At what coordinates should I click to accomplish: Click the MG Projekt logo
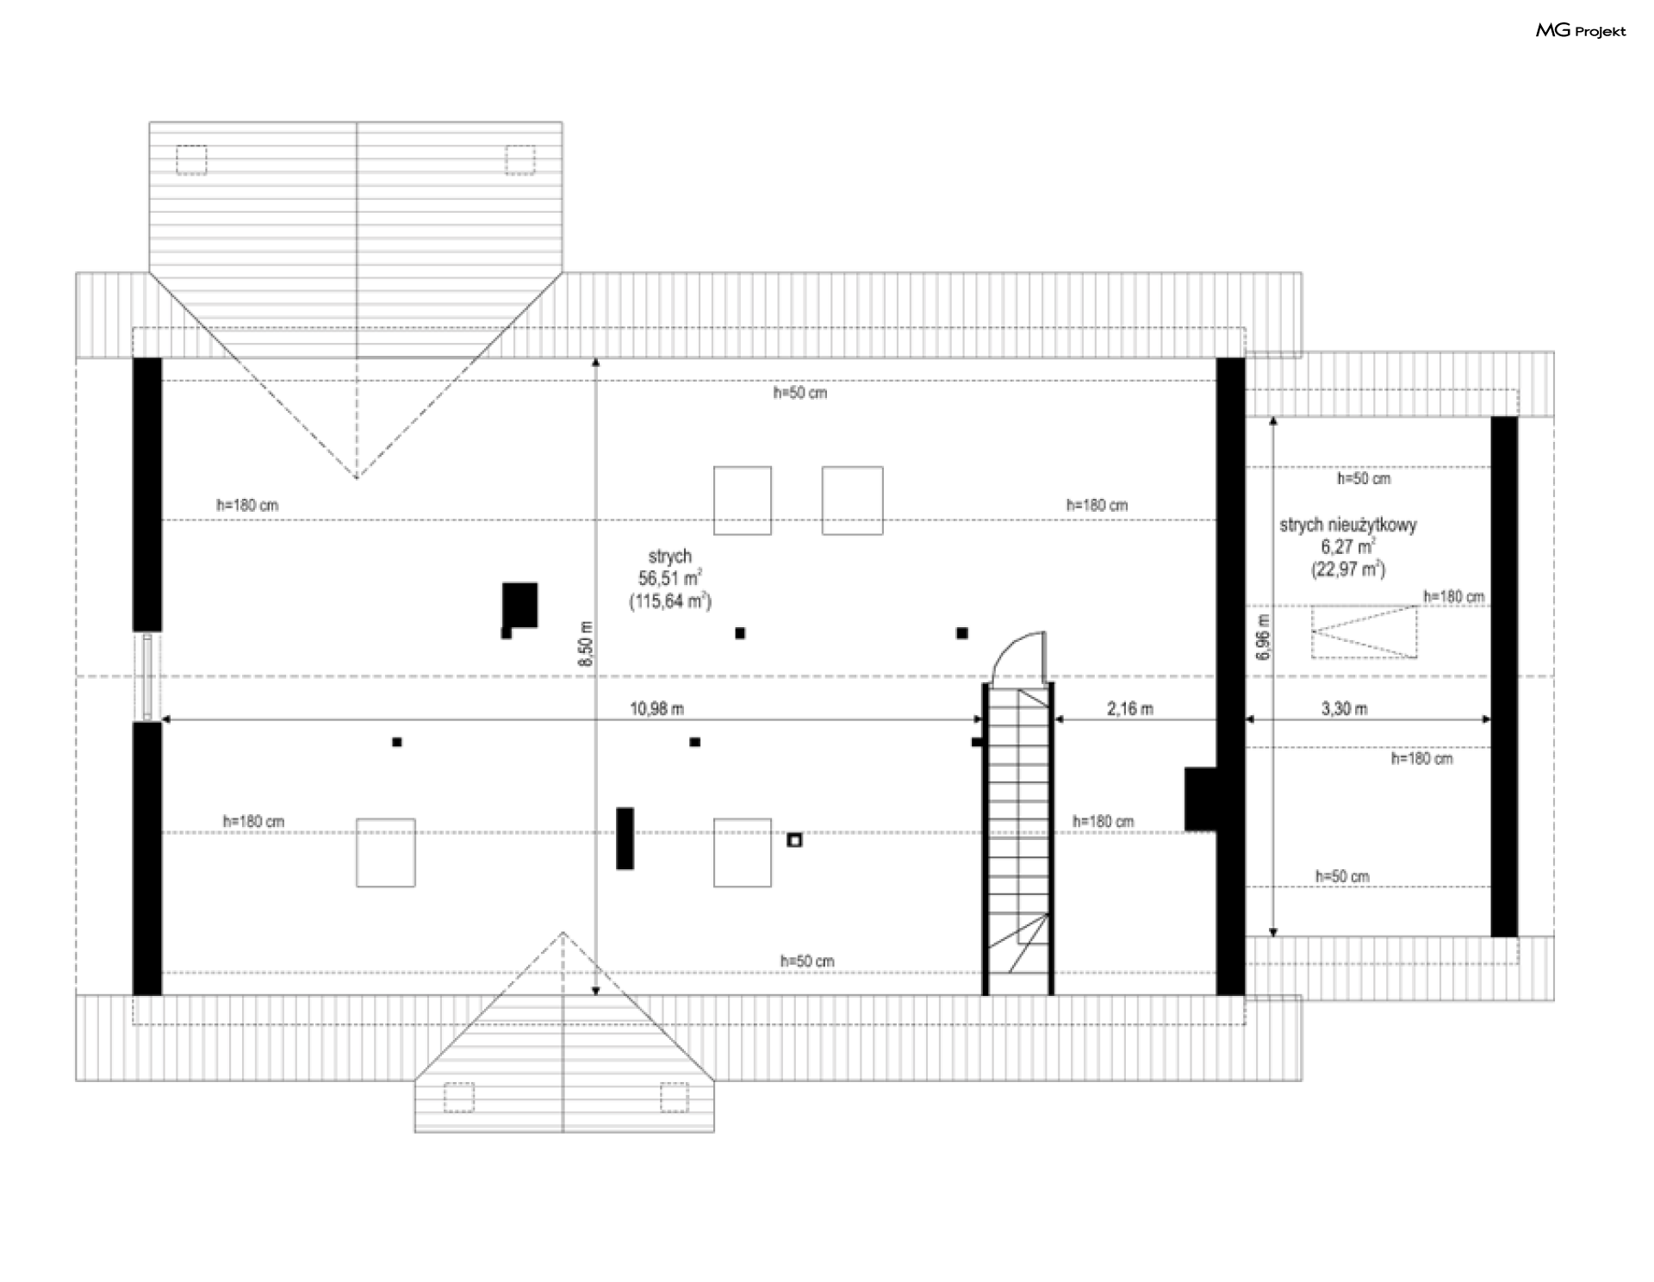tap(1581, 31)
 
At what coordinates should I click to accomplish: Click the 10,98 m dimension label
tap(656, 709)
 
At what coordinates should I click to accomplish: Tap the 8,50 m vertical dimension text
tap(586, 643)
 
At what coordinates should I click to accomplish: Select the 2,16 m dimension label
tap(1129, 709)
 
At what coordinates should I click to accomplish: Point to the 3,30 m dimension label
tap(1344, 709)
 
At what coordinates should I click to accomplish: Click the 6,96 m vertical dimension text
tap(1263, 637)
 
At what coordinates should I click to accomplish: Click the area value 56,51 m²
tap(670, 578)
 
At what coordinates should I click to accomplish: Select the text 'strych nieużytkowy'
tap(1347, 525)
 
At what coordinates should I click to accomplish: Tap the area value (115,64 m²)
tap(670, 601)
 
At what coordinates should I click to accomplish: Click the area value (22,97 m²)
tap(1348, 569)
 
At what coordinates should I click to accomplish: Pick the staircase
tap(1019, 839)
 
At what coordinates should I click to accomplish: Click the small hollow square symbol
tap(794, 840)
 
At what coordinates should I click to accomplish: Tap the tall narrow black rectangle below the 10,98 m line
tap(625, 838)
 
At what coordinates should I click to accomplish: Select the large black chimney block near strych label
tap(519, 607)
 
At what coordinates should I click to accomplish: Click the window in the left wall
tap(147, 677)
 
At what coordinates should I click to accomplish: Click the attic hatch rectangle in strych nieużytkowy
tap(1365, 632)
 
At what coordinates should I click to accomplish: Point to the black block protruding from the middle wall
tap(1200, 799)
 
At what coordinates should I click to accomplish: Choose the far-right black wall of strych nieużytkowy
tap(1504, 676)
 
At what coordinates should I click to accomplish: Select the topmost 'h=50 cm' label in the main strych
tap(800, 393)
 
